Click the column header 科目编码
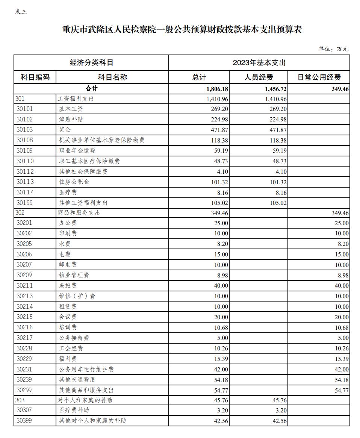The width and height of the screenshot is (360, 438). point(35,77)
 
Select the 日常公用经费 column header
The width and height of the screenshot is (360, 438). point(319,77)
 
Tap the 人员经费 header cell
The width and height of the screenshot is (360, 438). point(259,77)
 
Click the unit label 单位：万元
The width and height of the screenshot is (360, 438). point(333,49)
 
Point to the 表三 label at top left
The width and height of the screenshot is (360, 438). point(21,12)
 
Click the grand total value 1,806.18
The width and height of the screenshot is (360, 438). point(217,89)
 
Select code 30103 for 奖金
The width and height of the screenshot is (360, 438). point(25,130)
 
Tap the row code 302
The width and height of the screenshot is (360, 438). point(20,213)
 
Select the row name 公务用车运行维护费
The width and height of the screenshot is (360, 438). point(86,370)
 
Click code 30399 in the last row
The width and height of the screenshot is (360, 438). point(25,420)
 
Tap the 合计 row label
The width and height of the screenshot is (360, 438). point(91,89)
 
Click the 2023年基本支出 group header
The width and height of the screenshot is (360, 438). point(259,63)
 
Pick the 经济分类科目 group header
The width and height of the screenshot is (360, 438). point(91,63)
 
